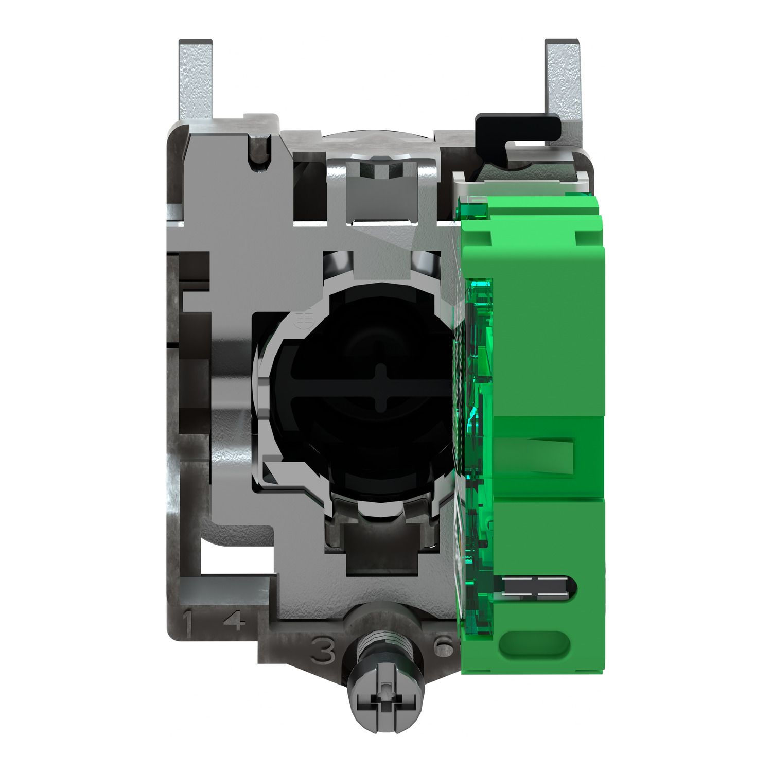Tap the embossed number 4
[x=235, y=621]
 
